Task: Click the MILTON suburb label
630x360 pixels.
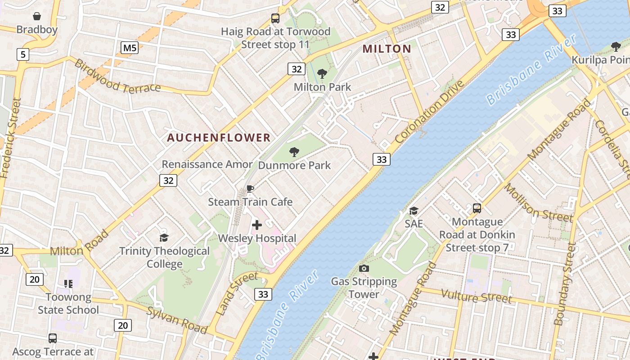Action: coord(387,49)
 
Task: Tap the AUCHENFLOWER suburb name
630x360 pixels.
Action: coord(219,138)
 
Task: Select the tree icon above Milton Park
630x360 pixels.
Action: coord(322,74)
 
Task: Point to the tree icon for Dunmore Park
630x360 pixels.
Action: coord(294,152)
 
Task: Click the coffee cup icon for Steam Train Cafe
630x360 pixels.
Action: coord(250,189)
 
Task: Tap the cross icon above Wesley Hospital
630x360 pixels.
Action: coord(257,225)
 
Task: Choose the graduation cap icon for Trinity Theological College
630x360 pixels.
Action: coord(164,237)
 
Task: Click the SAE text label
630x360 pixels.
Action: coord(413,224)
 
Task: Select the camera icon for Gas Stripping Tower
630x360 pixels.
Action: coord(364,269)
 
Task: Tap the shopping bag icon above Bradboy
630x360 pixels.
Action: coord(37,17)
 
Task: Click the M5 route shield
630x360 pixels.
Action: coord(130,48)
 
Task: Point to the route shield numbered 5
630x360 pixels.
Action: coord(23,55)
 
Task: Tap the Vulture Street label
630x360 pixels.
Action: coord(476,296)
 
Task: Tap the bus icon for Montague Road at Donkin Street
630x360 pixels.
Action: coord(477,208)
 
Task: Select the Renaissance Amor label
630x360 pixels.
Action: coord(207,164)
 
